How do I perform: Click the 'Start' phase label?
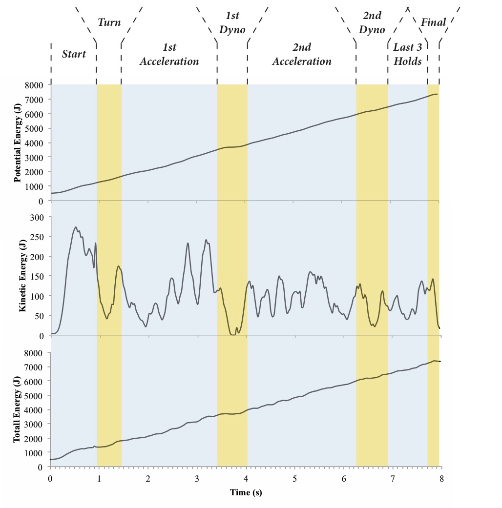pyautogui.click(x=74, y=54)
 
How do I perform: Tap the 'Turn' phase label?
pyautogui.click(x=109, y=22)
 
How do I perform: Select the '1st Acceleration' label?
pyautogui.click(x=169, y=54)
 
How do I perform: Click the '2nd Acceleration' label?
pyautogui.click(x=301, y=54)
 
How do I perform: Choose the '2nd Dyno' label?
pyautogui.click(x=372, y=22)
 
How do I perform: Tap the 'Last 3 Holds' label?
pyautogui.click(x=407, y=54)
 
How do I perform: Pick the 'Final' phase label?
pyautogui.click(x=433, y=22)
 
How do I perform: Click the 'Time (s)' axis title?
pyautogui.click(x=246, y=492)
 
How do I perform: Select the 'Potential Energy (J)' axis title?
pyautogui.click(x=18, y=142)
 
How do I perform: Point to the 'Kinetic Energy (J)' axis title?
pyautogui.click(x=23, y=276)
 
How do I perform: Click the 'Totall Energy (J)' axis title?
pyautogui.click(x=18, y=409)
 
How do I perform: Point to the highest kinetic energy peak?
pyautogui.click(x=76, y=227)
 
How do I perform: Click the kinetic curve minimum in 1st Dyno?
pyautogui.click(x=232, y=334)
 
